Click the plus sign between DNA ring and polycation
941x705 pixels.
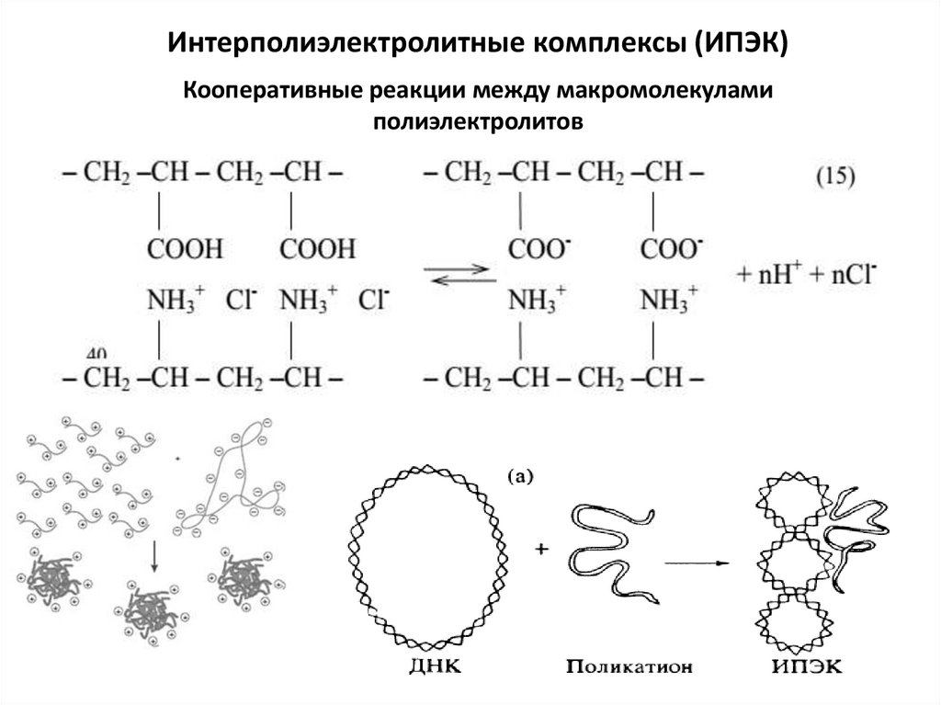click(x=540, y=550)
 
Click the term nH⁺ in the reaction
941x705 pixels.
click(x=780, y=273)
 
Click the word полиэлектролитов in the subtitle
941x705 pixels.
click(x=478, y=120)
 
